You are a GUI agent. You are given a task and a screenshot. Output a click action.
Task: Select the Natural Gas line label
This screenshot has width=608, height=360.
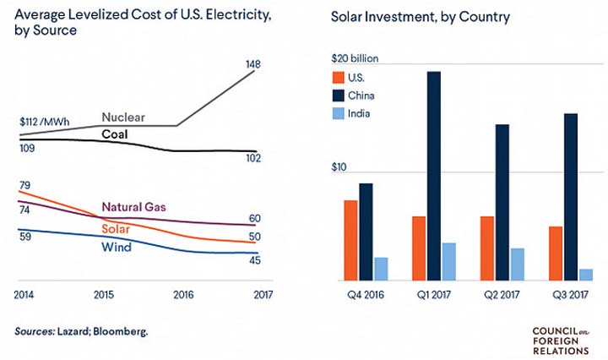(x=134, y=206)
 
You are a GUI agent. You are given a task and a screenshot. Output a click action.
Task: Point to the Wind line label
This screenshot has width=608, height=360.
(x=116, y=247)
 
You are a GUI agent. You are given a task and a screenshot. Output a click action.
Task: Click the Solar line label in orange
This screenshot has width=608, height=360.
(x=117, y=229)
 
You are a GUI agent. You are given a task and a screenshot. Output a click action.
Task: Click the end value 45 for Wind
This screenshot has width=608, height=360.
(x=253, y=259)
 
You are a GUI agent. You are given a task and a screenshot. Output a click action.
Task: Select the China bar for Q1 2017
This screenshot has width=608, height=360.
(x=433, y=176)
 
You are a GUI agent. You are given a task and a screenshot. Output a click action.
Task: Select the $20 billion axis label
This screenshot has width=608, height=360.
(x=354, y=59)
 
